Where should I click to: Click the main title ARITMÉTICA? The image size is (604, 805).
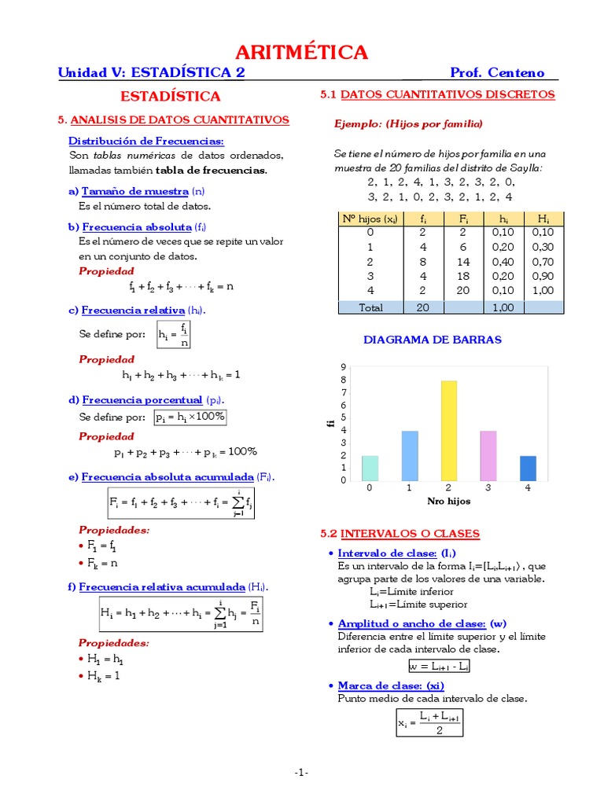pos(302,53)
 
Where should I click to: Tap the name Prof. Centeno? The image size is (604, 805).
pos(497,73)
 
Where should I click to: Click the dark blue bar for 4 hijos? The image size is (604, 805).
pos(528,468)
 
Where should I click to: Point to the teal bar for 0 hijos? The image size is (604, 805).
pos(370,468)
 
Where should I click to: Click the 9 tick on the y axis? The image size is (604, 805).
pos(343,367)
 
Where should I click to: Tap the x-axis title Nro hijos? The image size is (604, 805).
pos(448,501)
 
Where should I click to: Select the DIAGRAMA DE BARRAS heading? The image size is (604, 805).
pos(432,340)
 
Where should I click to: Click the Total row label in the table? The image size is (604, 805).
pos(370,307)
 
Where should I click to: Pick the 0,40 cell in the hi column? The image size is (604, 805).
pos(503,262)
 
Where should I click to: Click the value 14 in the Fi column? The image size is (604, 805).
pos(463,262)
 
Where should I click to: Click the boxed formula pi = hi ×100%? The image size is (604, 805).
pos(190,417)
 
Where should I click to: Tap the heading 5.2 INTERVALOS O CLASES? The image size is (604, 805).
pos(400,534)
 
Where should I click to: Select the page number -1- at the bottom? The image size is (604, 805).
pos(302,773)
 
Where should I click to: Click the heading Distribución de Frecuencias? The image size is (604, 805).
pos(146,141)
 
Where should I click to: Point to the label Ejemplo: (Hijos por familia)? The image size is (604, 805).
pos(408,124)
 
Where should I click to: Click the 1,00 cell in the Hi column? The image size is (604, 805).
pos(543,291)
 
